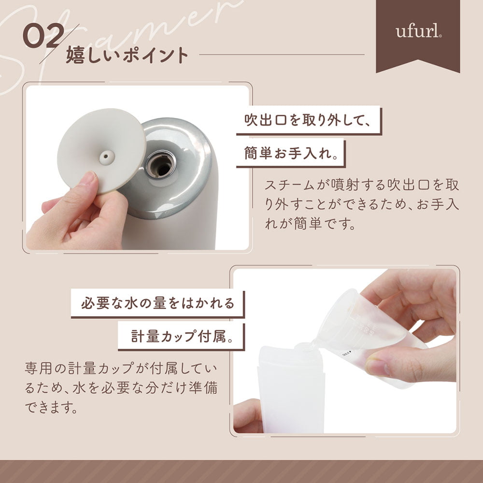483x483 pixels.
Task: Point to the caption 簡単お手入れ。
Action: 291,153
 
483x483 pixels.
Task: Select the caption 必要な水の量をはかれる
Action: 158,303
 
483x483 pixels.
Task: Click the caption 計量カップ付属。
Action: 182,336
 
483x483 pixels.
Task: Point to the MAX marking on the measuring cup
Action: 347,354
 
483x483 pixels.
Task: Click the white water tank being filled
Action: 291,389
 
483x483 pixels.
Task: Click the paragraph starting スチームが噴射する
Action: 362,204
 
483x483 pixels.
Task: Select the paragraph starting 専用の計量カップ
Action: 121,388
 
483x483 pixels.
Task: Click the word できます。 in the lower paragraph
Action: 51,407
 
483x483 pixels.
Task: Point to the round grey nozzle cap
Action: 101,151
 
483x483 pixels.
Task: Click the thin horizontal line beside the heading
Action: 282,55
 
